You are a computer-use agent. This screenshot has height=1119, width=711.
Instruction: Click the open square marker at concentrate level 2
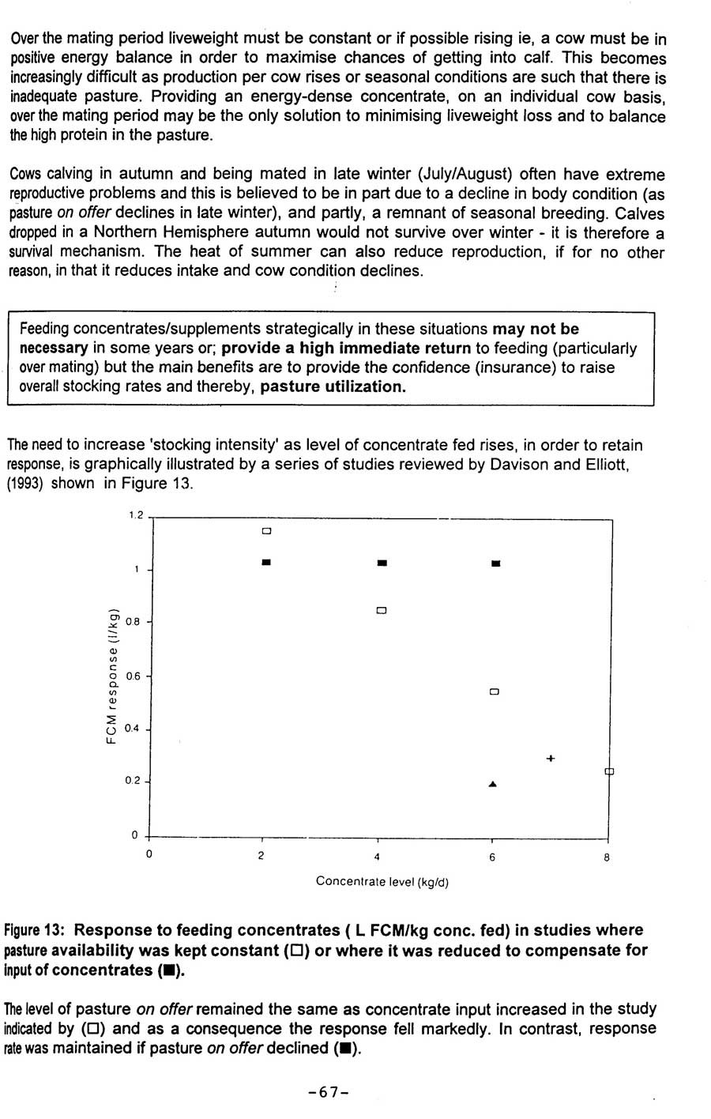pos(267,530)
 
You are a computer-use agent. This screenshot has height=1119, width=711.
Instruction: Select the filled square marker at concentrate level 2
pos(267,562)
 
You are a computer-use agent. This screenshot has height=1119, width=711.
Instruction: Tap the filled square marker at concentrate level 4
pos(382,563)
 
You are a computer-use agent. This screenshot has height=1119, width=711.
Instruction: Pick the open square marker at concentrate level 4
pos(382,610)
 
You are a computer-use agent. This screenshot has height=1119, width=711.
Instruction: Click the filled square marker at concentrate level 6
pos(496,563)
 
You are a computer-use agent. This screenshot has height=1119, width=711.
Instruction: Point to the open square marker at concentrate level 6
pos(495,691)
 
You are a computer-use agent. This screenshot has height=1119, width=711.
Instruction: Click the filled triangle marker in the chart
pos(493,784)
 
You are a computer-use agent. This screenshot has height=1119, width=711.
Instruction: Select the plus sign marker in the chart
pos(551,759)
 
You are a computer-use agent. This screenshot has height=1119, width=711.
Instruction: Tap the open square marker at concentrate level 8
pos(608,771)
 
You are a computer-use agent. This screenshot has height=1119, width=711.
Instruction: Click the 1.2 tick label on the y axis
pos(136,516)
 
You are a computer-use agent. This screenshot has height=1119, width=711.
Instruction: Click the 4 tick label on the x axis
pos(377,857)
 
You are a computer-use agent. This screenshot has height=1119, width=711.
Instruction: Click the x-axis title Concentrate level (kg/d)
pos(382,881)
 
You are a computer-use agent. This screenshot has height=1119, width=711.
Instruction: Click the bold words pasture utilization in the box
pos(333,386)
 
